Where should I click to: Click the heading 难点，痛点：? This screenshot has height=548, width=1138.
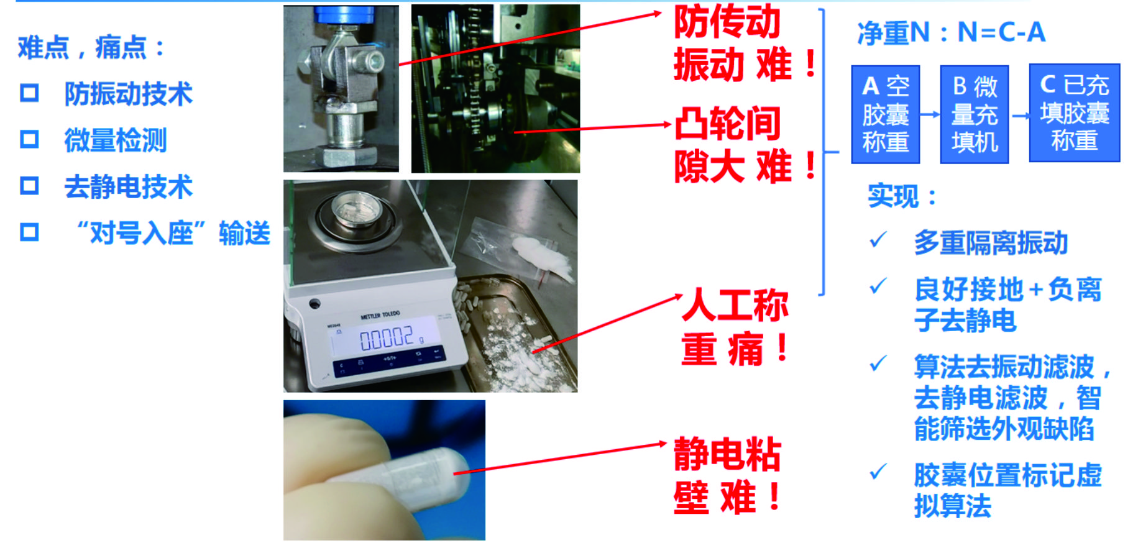pos(91,48)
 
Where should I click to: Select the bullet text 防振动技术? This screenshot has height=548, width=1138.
pos(129,94)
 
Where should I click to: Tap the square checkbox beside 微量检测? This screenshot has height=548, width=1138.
pos(29,139)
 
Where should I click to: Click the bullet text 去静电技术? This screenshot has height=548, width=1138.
pos(129,186)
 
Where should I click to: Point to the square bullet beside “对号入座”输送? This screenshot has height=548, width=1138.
pos(29,232)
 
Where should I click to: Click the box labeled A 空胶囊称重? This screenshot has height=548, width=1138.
pos(885,114)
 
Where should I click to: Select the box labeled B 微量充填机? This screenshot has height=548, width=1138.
pos(974,114)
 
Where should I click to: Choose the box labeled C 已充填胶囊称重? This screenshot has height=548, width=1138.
pos(1075,113)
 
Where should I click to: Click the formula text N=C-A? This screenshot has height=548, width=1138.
pos(1001,32)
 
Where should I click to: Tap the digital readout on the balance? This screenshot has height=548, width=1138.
pos(387,339)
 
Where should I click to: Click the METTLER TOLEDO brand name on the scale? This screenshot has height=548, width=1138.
pos(380,315)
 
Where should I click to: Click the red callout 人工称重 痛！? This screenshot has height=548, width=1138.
pos(735,327)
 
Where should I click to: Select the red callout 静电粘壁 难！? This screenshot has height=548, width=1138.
pos(728,475)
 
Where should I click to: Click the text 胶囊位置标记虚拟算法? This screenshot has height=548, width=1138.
pos(1007,490)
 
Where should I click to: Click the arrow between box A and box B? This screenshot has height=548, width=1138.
pos(930,114)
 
